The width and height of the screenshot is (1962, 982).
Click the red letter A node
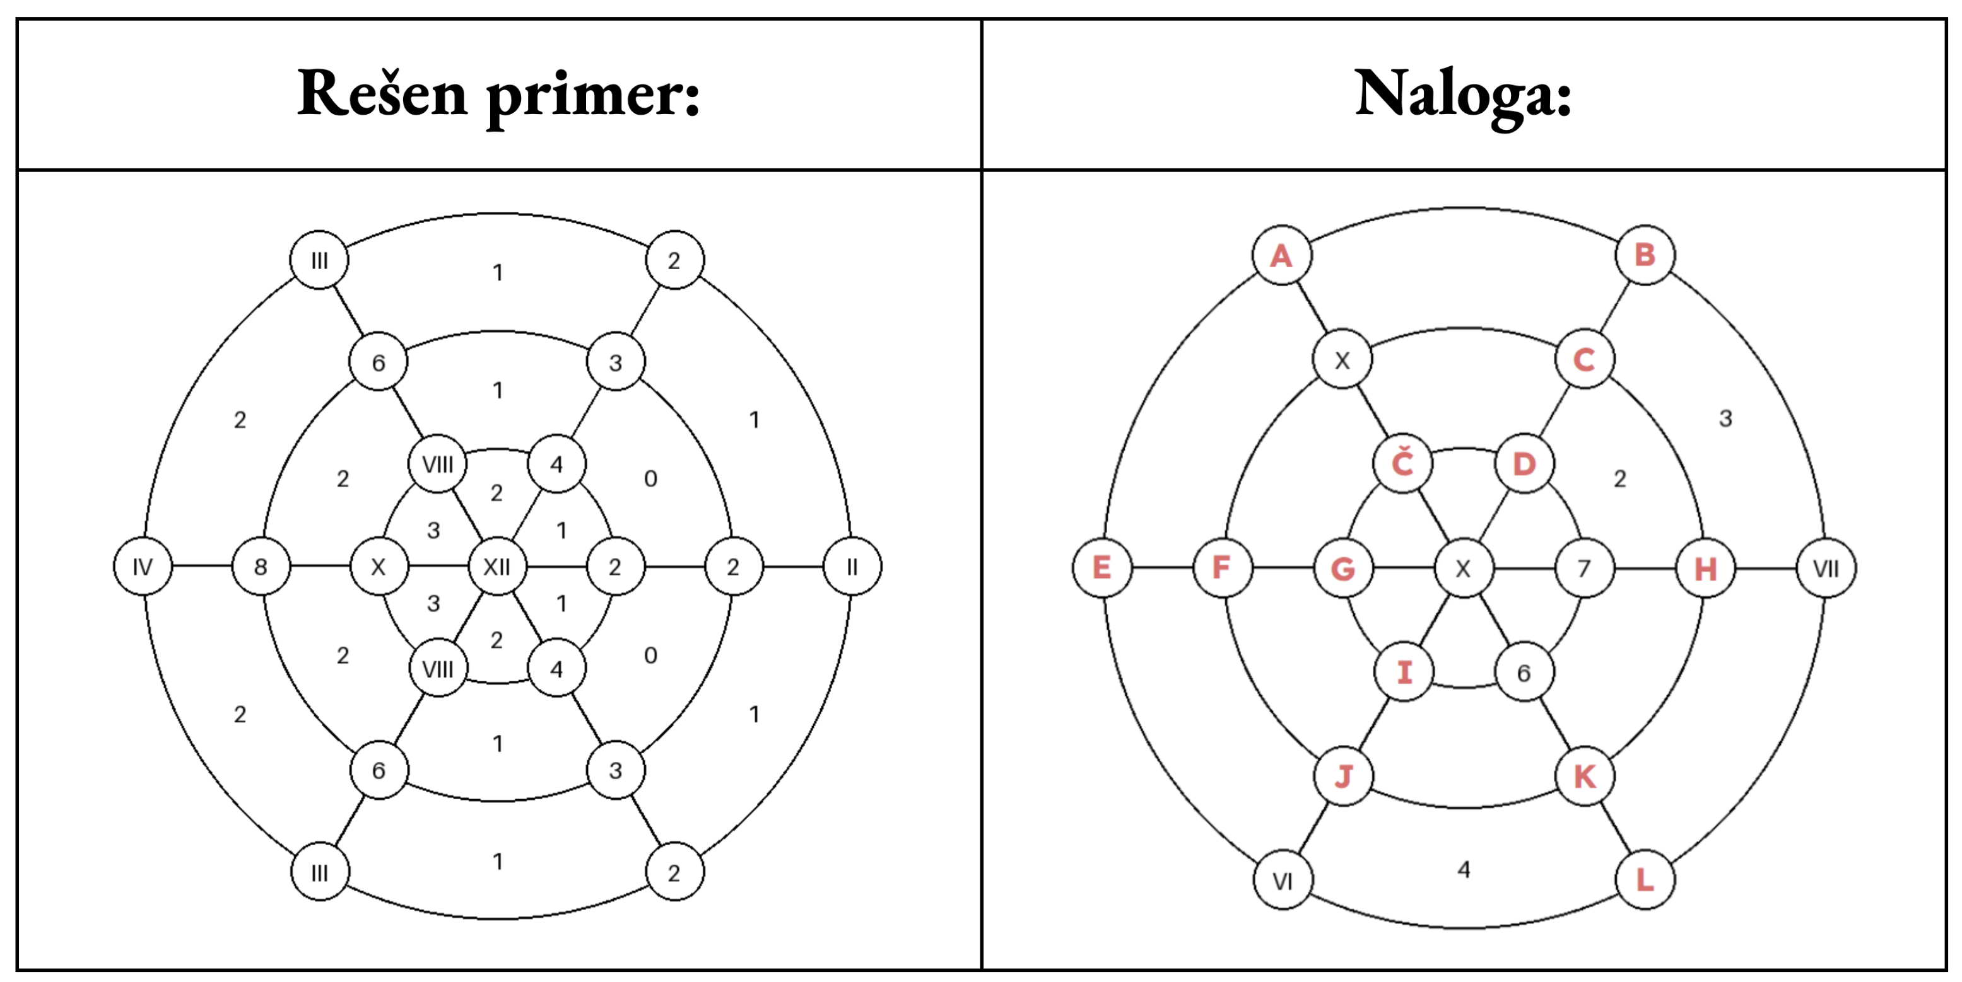1282,255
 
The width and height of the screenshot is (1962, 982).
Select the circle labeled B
1645,255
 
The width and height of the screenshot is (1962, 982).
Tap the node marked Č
1402,464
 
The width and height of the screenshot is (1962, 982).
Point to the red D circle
1524,464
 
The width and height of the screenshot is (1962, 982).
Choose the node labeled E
1101,568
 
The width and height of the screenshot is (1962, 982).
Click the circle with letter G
1342,568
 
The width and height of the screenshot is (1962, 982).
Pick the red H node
1705,568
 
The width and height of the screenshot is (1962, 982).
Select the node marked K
1584,777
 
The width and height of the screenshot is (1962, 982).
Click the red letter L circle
1645,881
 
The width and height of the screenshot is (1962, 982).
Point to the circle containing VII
1826,568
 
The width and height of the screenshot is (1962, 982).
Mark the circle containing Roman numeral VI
1283,881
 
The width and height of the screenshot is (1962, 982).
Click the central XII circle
496,567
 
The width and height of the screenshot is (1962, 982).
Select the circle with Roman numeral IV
143,567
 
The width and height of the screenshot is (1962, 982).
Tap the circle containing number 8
261,567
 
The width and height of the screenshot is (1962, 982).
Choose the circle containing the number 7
1584,568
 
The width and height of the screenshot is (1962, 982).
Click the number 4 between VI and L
1463,869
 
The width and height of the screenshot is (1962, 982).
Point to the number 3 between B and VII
1725,418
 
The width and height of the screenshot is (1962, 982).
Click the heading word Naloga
1462,95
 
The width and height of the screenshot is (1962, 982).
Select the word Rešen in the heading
382,95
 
